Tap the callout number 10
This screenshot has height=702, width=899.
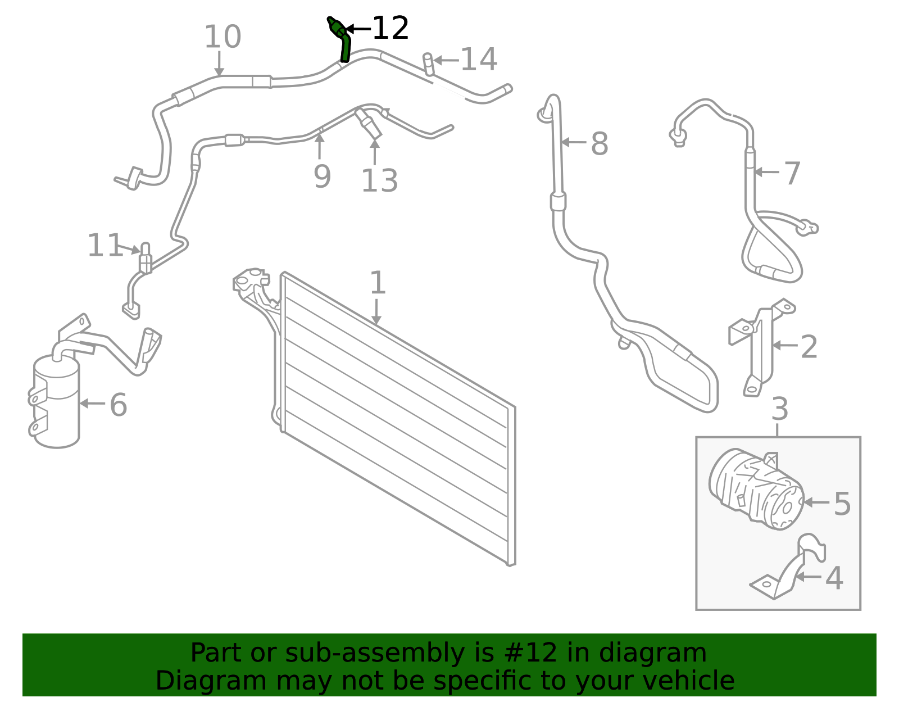coord(223,37)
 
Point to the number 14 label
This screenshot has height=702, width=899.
coord(479,59)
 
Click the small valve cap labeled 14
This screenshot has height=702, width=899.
coord(428,65)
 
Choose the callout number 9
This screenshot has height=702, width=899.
coord(323,176)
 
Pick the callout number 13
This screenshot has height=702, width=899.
coord(379,180)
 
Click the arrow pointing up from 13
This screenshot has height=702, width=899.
coord(375,152)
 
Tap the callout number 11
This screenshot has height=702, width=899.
coord(105,245)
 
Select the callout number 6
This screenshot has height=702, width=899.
coord(119,404)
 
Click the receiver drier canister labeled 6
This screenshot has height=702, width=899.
coord(56,400)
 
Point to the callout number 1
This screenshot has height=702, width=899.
coord(378,283)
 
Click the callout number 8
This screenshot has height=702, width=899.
coord(600,143)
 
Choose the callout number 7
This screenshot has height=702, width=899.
coord(792,173)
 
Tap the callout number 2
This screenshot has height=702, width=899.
coord(809,347)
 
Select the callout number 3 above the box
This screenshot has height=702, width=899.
coord(780,409)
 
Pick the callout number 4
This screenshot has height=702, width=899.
coord(834,578)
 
